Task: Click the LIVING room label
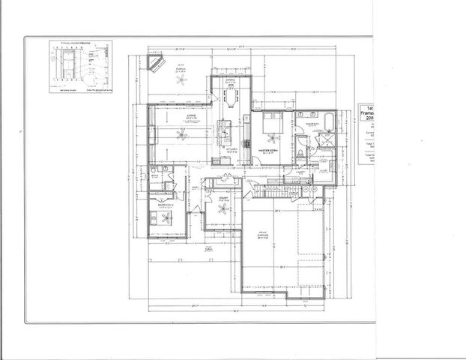pyautogui.click(x=170, y=115)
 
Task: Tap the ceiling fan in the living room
pyautogui.click(x=179, y=134)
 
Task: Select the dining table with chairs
pyautogui.click(x=232, y=97)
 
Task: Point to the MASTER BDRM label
pyautogui.click(x=270, y=151)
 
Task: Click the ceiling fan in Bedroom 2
pyautogui.click(x=160, y=217)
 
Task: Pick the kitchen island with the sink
pyautogui.click(x=223, y=132)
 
